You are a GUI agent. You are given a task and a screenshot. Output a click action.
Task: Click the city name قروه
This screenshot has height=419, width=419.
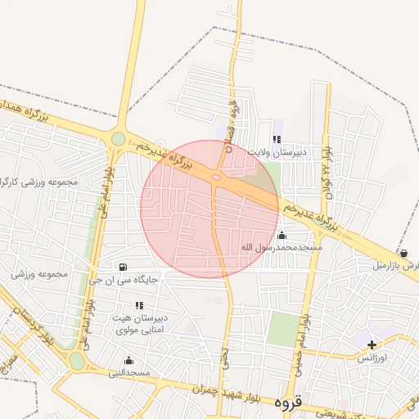pos(289,403)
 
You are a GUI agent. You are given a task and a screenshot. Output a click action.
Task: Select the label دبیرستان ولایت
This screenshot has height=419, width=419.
pos(278,152)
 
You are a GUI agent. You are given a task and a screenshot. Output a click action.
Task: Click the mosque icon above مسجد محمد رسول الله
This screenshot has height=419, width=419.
pos(282,235)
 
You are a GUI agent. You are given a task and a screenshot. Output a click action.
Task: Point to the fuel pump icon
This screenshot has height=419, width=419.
pos(123,267)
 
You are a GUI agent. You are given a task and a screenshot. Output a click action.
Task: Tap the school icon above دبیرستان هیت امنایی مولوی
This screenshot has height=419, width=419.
pos(128,305)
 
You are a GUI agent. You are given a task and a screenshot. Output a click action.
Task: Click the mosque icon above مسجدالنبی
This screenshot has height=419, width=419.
pos(128,360)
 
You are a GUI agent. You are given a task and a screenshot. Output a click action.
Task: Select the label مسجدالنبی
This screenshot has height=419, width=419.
pos(128,372)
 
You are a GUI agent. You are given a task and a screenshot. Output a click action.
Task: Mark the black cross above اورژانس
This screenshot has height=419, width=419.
pos(372,345)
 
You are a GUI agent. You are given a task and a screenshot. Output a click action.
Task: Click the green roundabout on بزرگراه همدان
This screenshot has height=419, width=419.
pos(119,139)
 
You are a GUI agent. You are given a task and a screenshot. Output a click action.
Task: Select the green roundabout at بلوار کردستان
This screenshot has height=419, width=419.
pos(77,361)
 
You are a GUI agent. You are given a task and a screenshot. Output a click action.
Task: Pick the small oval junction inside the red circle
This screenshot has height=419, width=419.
pos(217,176)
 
